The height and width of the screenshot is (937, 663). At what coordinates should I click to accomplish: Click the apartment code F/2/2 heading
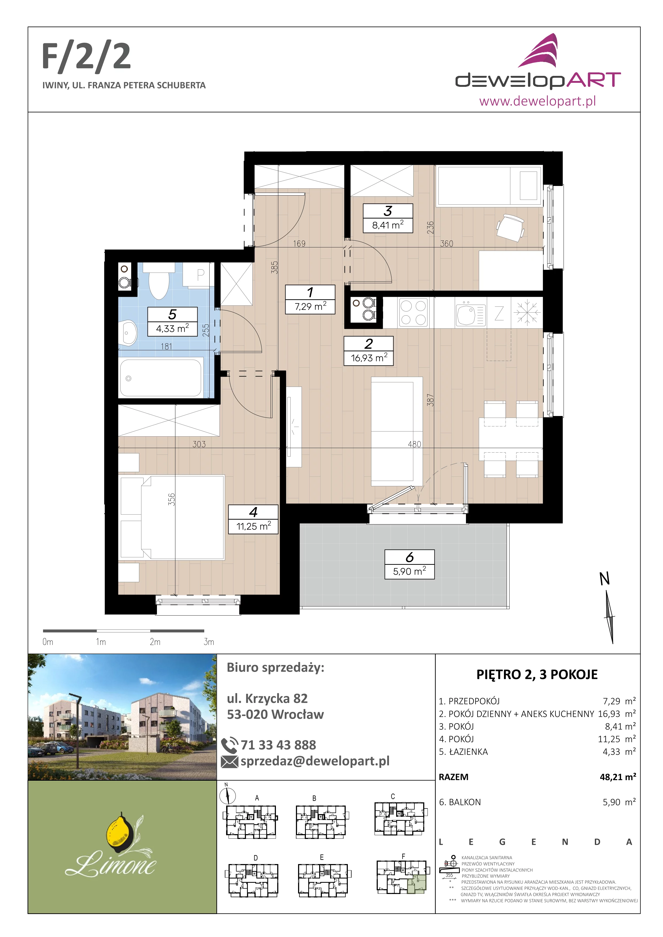click(87, 57)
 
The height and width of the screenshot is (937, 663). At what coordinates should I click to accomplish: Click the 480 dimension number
click(414, 444)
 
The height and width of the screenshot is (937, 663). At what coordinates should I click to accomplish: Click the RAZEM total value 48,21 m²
click(618, 777)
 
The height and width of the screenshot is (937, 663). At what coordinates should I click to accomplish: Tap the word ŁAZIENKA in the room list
click(468, 752)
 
